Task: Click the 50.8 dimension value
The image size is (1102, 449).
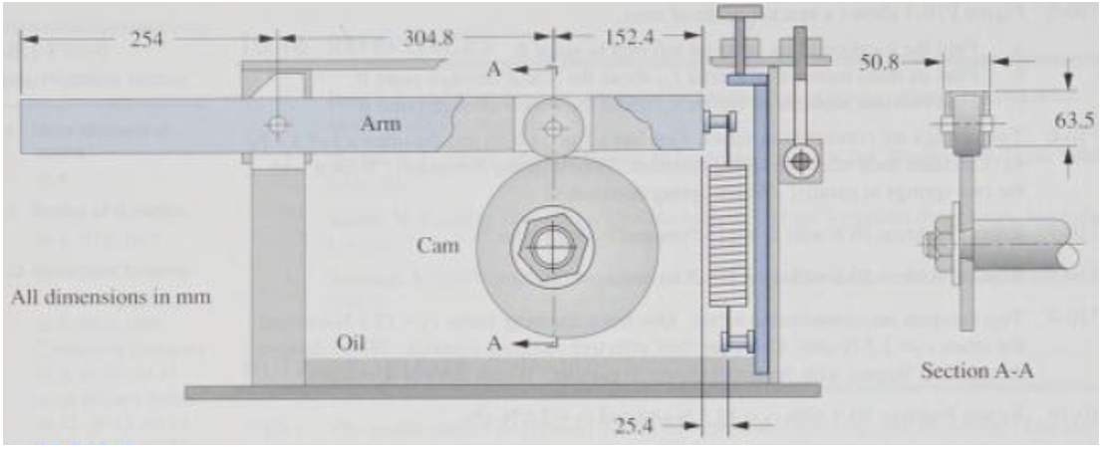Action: [x=883, y=62]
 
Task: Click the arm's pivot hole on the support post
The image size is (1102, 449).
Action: [x=276, y=125]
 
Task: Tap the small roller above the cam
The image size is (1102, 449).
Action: [x=551, y=126]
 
